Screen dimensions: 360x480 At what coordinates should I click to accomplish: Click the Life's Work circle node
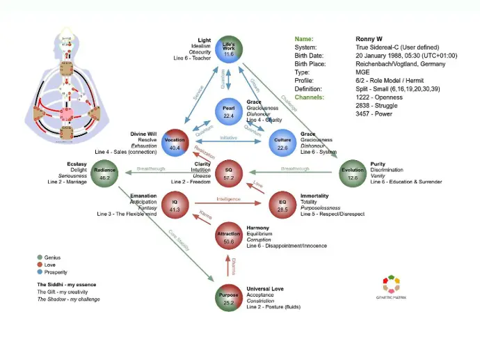228,49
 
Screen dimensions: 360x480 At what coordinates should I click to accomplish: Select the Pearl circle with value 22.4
228,111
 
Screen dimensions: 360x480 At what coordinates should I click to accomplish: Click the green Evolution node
353,173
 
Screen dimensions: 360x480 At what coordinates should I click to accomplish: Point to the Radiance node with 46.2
104,173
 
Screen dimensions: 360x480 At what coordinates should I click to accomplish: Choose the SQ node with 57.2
228,173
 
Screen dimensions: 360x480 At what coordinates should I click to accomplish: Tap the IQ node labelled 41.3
175,205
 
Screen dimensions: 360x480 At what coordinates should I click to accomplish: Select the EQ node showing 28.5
282,205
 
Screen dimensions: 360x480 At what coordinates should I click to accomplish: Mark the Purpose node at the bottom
228,297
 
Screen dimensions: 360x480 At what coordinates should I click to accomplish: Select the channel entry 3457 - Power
374,114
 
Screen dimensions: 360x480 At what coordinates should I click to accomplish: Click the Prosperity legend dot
39,272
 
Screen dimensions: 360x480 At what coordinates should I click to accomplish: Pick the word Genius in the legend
53,258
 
